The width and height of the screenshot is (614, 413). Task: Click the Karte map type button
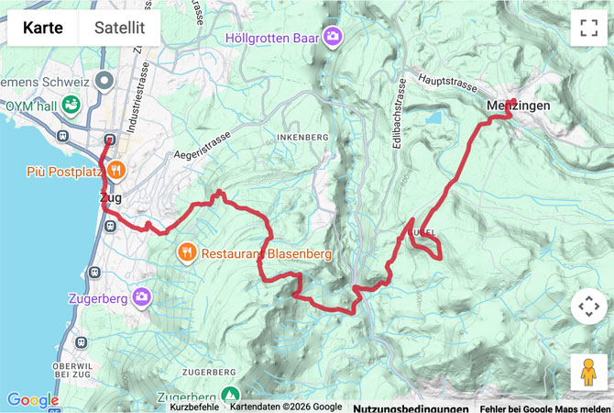43,28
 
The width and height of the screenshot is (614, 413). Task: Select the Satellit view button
119,28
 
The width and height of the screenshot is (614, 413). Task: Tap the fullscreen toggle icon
588,28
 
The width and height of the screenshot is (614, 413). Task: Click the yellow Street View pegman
588,372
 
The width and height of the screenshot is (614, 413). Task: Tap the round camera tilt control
588,306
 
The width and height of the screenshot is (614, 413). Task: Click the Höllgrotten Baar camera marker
332,38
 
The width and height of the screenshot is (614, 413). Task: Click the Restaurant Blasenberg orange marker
187,252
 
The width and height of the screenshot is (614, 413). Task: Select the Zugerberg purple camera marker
141,296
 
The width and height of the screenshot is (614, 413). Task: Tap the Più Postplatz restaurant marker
116,170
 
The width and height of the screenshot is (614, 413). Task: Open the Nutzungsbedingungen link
411,407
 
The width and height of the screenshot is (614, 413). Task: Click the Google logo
32,399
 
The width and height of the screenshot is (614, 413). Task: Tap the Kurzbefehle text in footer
194,407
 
